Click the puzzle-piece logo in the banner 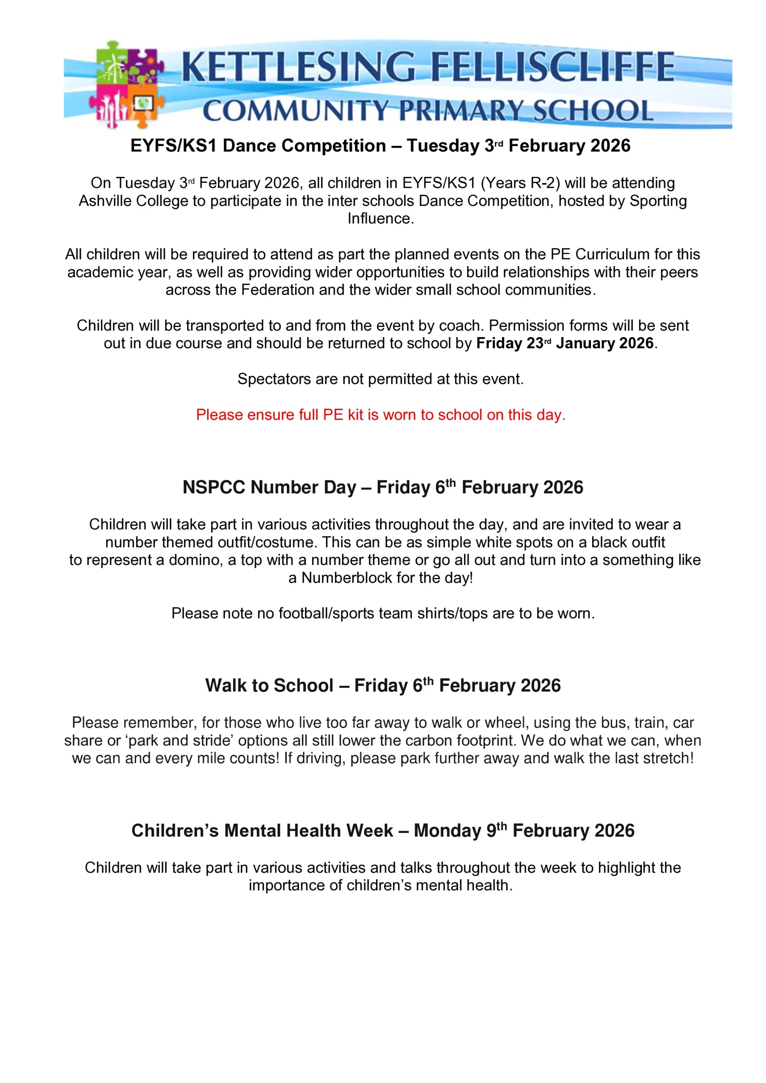(x=126, y=84)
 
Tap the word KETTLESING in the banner (x=298, y=67)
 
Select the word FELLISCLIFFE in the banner (x=553, y=67)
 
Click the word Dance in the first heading (x=251, y=146)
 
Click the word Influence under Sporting (x=380, y=219)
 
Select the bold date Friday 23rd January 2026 (x=565, y=344)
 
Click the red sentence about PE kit (x=380, y=415)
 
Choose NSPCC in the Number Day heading (x=214, y=488)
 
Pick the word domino (x=195, y=561)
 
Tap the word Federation (x=278, y=290)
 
